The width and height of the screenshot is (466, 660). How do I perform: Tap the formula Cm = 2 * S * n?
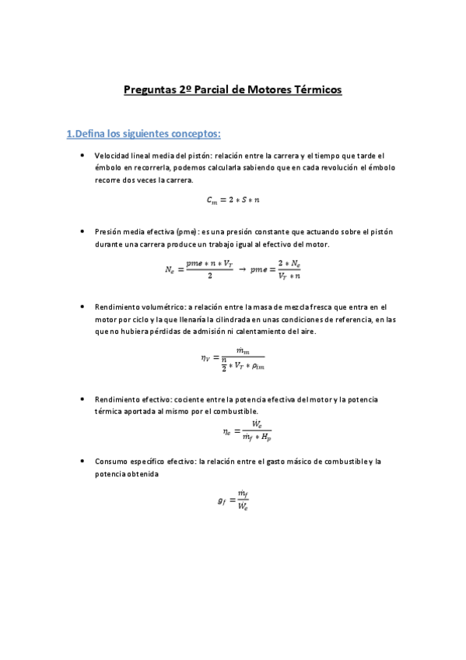pyautogui.click(x=233, y=200)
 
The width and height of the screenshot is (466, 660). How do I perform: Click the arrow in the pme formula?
pyautogui.click(x=242, y=269)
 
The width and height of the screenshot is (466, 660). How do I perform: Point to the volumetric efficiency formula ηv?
pyautogui.click(x=233, y=358)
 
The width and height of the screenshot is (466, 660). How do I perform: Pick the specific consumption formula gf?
pyautogui.click(x=233, y=501)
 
